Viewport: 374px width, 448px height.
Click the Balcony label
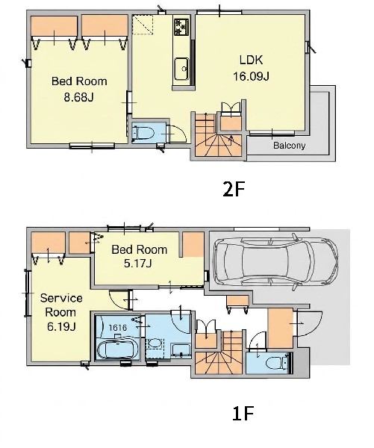(x=289, y=146)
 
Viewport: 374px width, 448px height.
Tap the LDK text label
(x=251, y=60)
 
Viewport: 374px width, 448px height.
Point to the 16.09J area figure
(x=251, y=76)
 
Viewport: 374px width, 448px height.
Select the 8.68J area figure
(x=79, y=97)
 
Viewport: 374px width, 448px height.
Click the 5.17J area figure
(x=137, y=263)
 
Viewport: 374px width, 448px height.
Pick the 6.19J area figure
(x=61, y=326)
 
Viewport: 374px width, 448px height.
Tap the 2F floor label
(x=234, y=189)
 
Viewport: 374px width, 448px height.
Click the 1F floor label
(x=243, y=414)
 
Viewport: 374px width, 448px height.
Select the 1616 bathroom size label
(x=118, y=327)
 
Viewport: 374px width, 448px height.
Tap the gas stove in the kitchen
(x=181, y=26)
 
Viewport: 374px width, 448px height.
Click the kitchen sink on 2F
(x=181, y=69)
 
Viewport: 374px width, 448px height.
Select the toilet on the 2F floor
(x=143, y=133)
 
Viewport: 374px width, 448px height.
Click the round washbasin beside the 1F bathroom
(x=155, y=343)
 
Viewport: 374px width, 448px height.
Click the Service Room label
(x=61, y=305)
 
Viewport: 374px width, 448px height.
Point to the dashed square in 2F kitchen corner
(x=143, y=25)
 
